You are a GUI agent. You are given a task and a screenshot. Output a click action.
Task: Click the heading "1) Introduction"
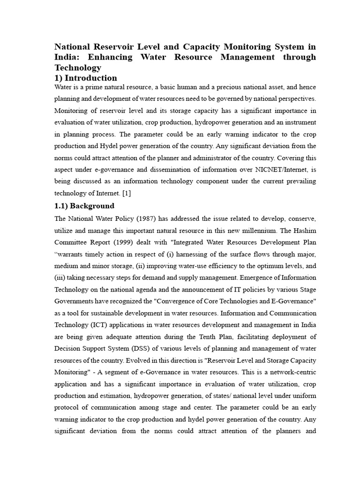86,78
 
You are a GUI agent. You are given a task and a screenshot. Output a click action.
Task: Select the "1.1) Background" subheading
84,206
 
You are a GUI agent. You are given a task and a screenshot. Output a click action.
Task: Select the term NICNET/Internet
271,169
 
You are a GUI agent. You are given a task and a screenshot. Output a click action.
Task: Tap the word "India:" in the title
68,57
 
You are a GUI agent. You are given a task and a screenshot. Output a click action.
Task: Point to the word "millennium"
255,231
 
